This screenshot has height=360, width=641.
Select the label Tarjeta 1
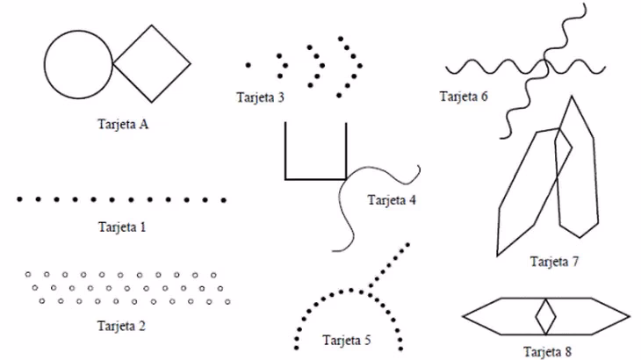point(122,227)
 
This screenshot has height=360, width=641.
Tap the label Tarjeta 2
point(122,326)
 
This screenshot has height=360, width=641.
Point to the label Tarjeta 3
point(260,97)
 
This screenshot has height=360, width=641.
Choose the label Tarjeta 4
point(392,199)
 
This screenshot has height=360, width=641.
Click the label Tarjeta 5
point(347,339)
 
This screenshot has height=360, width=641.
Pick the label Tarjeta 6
point(464,97)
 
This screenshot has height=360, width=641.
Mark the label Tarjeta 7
point(555,261)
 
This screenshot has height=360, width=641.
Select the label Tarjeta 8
point(547,351)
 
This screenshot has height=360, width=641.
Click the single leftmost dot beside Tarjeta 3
point(248,64)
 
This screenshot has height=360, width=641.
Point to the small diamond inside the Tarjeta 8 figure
point(546,315)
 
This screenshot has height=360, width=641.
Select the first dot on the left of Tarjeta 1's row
point(19,199)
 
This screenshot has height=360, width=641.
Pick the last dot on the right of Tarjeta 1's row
point(224,199)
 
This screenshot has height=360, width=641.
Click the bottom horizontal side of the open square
point(315,178)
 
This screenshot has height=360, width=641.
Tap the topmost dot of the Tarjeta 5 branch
point(408,245)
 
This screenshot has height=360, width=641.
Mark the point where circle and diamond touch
point(112,65)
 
